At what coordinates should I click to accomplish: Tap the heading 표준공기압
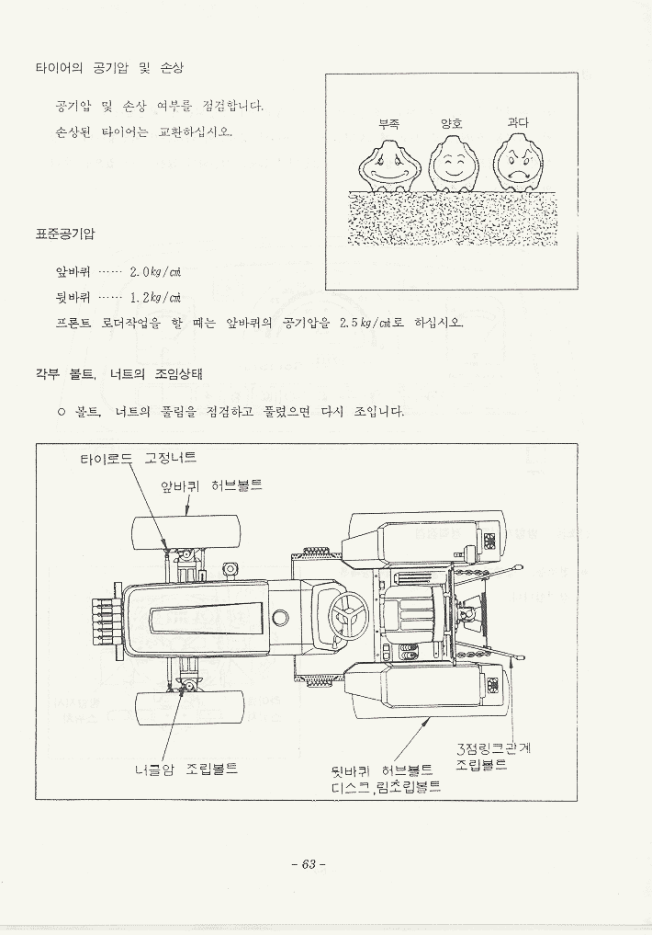tap(65, 234)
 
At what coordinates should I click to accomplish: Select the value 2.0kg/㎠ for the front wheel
tap(155, 271)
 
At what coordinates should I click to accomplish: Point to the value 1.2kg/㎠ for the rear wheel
tap(155, 297)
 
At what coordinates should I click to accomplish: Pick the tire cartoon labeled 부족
tap(388, 166)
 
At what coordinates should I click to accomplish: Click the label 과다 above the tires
tap(518, 123)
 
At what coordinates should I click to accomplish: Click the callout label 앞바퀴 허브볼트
tap(211, 485)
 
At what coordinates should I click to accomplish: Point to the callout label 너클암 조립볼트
tap(186, 768)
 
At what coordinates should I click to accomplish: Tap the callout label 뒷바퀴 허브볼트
tap(382, 770)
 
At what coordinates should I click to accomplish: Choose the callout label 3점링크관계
tap(493, 749)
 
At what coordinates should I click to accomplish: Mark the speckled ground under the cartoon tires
tap(451, 218)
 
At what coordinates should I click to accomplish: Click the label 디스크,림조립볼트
tap(386, 787)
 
